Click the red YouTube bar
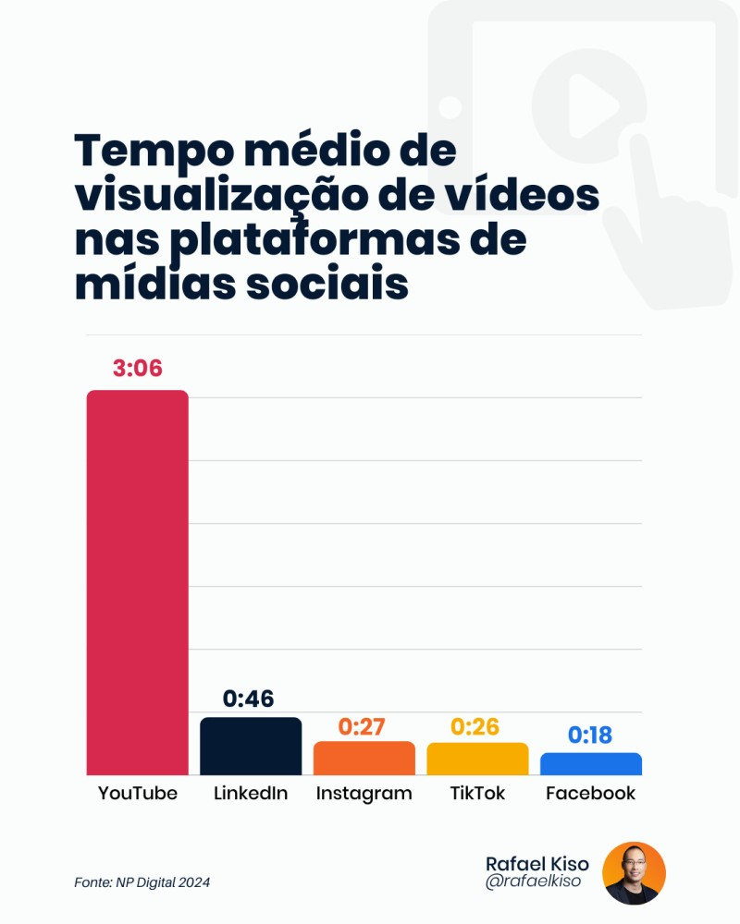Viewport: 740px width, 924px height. (137, 582)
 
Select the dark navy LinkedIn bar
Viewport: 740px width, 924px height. (251, 746)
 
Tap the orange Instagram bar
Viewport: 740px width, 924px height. (364, 758)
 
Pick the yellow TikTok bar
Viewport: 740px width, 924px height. (477, 759)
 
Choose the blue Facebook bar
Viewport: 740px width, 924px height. (590, 764)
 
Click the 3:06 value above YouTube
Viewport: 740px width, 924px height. (137, 369)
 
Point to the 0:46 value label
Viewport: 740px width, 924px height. (249, 699)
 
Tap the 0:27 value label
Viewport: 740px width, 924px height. (362, 727)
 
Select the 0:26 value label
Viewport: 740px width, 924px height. (475, 727)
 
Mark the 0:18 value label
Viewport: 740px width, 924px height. (590, 736)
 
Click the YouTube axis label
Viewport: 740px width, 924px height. (137, 793)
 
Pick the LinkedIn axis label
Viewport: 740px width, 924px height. (251, 793)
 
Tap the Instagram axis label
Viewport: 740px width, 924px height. (364, 793)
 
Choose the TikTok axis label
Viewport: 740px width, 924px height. (477, 793)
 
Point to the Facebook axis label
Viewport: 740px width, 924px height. (590, 793)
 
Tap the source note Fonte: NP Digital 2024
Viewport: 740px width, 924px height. (142, 882)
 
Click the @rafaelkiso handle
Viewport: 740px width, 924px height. (533, 882)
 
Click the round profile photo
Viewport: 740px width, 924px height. (634, 873)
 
